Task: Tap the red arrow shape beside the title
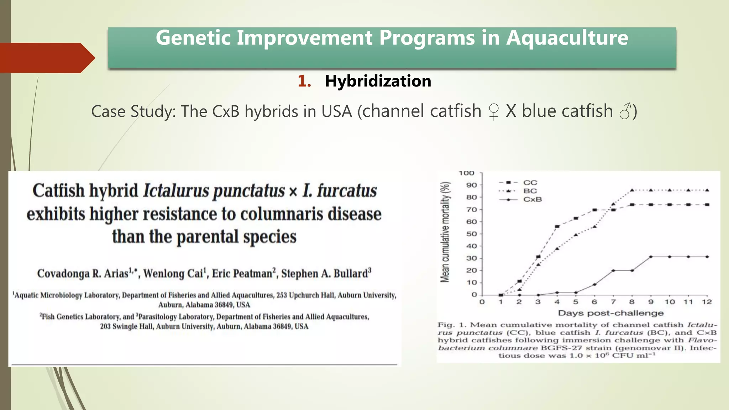[x=46, y=58]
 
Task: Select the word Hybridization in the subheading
[x=378, y=81]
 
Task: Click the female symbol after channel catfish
[x=493, y=112]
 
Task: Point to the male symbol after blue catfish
[x=625, y=111]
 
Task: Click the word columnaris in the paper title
[x=282, y=214]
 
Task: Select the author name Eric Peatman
[x=243, y=273]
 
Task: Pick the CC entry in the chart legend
[x=530, y=183]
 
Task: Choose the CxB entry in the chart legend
[x=532, y=200]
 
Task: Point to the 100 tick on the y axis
[x=466, y=173]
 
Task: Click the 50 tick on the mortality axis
[x=471, y=234]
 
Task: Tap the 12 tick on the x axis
[x=707, y=302]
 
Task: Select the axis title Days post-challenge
[x=610, y=313]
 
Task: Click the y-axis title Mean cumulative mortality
[x=445, y=232]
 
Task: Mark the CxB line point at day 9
[x=651, y=257]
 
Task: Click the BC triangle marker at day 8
[x=632, y=190]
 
